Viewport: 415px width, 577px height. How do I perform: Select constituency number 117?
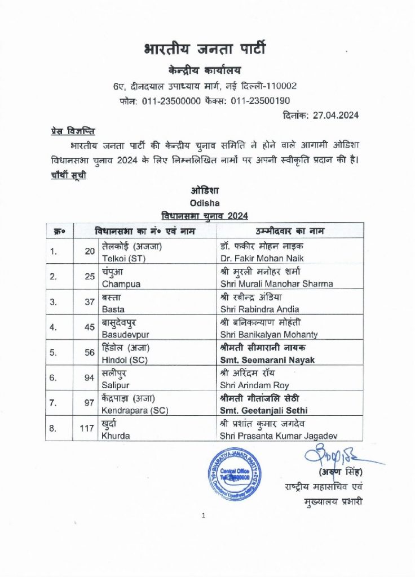(86, 428)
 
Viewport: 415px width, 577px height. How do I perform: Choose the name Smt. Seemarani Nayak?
(267, 360)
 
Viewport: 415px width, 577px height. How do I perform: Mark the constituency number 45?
(89, 327)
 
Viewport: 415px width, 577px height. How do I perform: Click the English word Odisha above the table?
(205, 202)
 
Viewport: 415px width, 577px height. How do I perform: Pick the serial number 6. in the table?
(54, 378)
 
